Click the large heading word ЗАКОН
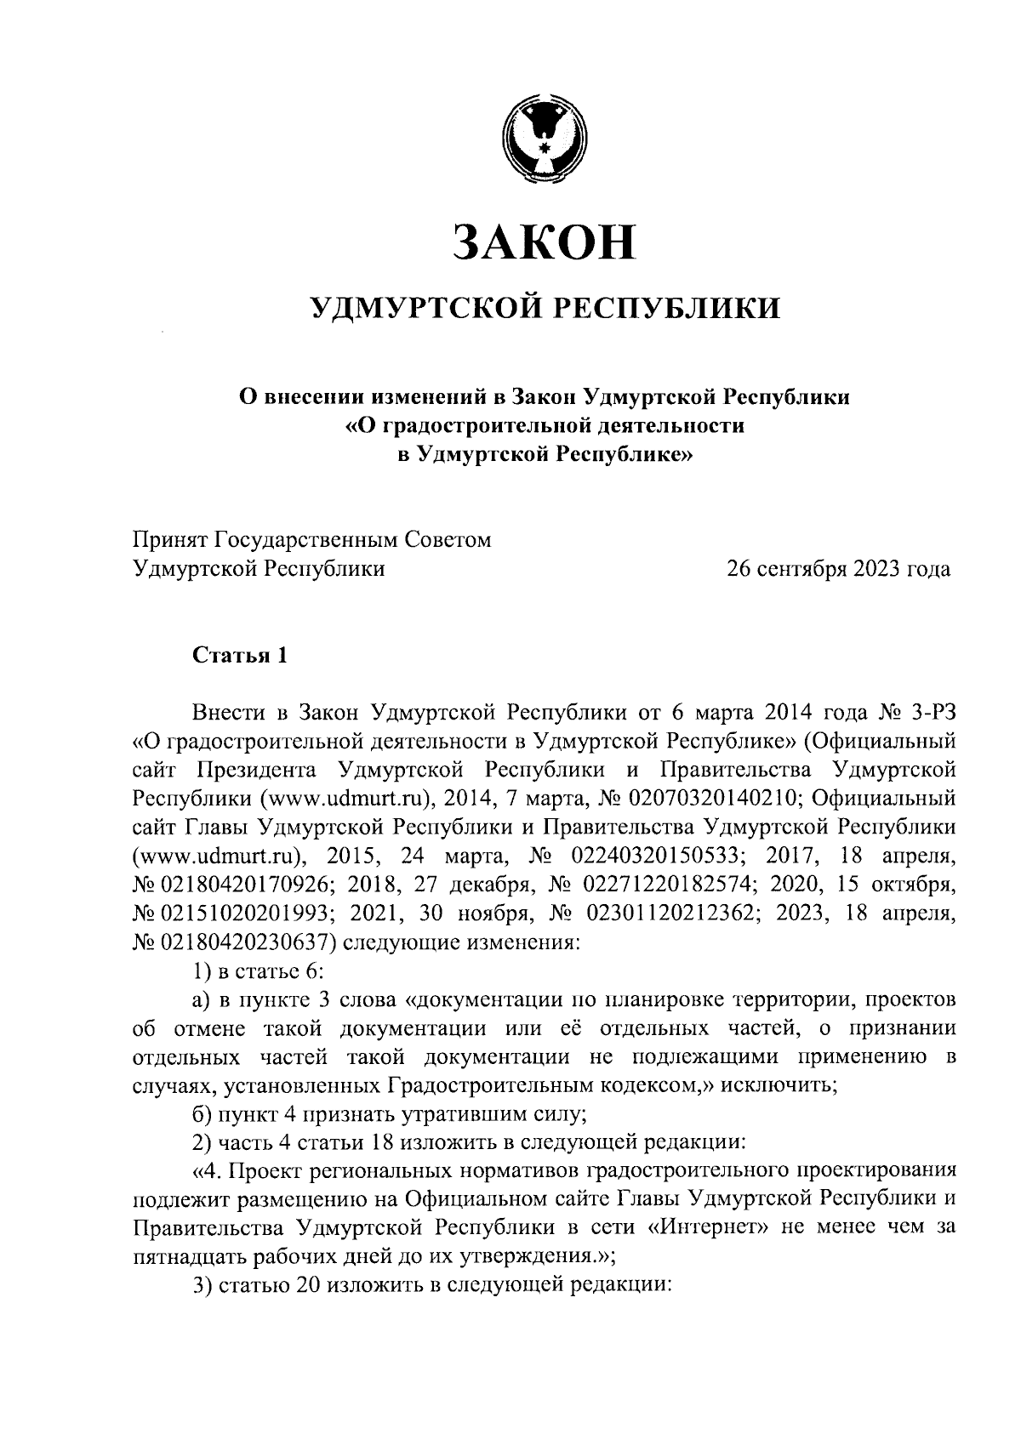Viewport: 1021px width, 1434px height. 545,242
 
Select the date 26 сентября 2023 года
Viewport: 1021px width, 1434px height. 838,568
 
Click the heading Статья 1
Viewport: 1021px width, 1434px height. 241,655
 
